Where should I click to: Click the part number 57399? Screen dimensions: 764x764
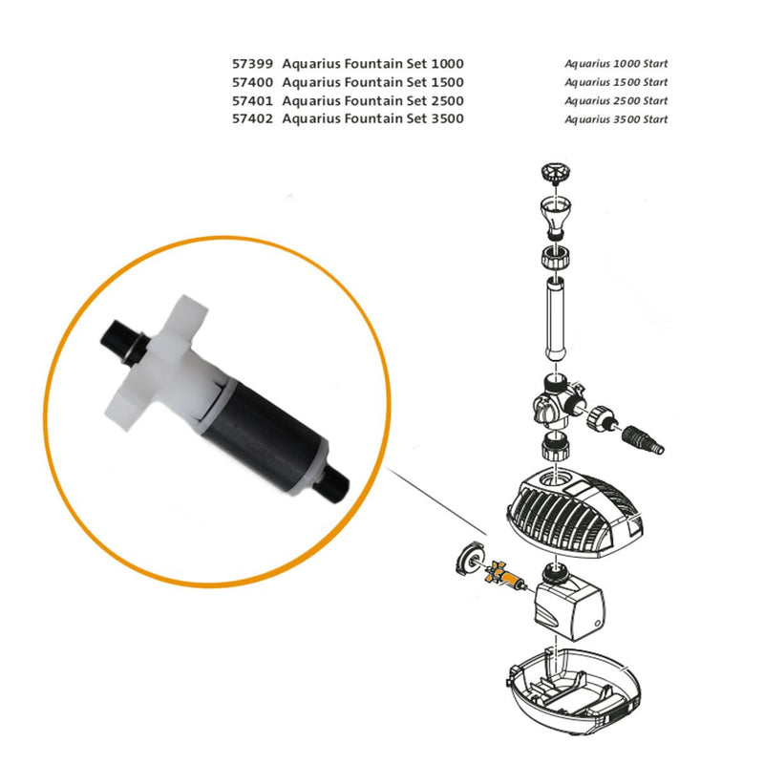click(x=251, y=64)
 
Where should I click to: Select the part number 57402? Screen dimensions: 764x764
click(x=251, y=118)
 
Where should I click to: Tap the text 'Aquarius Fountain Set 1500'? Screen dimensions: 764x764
click(x=373, y=82)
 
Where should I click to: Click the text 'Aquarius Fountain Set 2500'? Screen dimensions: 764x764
click(x=373, y=100)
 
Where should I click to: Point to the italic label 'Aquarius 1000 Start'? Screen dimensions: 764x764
click(x=615, y=64)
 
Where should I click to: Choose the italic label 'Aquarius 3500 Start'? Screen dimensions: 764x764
click(x=615, y=119)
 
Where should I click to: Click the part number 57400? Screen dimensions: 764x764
click(x=251, y=82)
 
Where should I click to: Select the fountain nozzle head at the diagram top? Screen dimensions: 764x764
click(x=554, y=173)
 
